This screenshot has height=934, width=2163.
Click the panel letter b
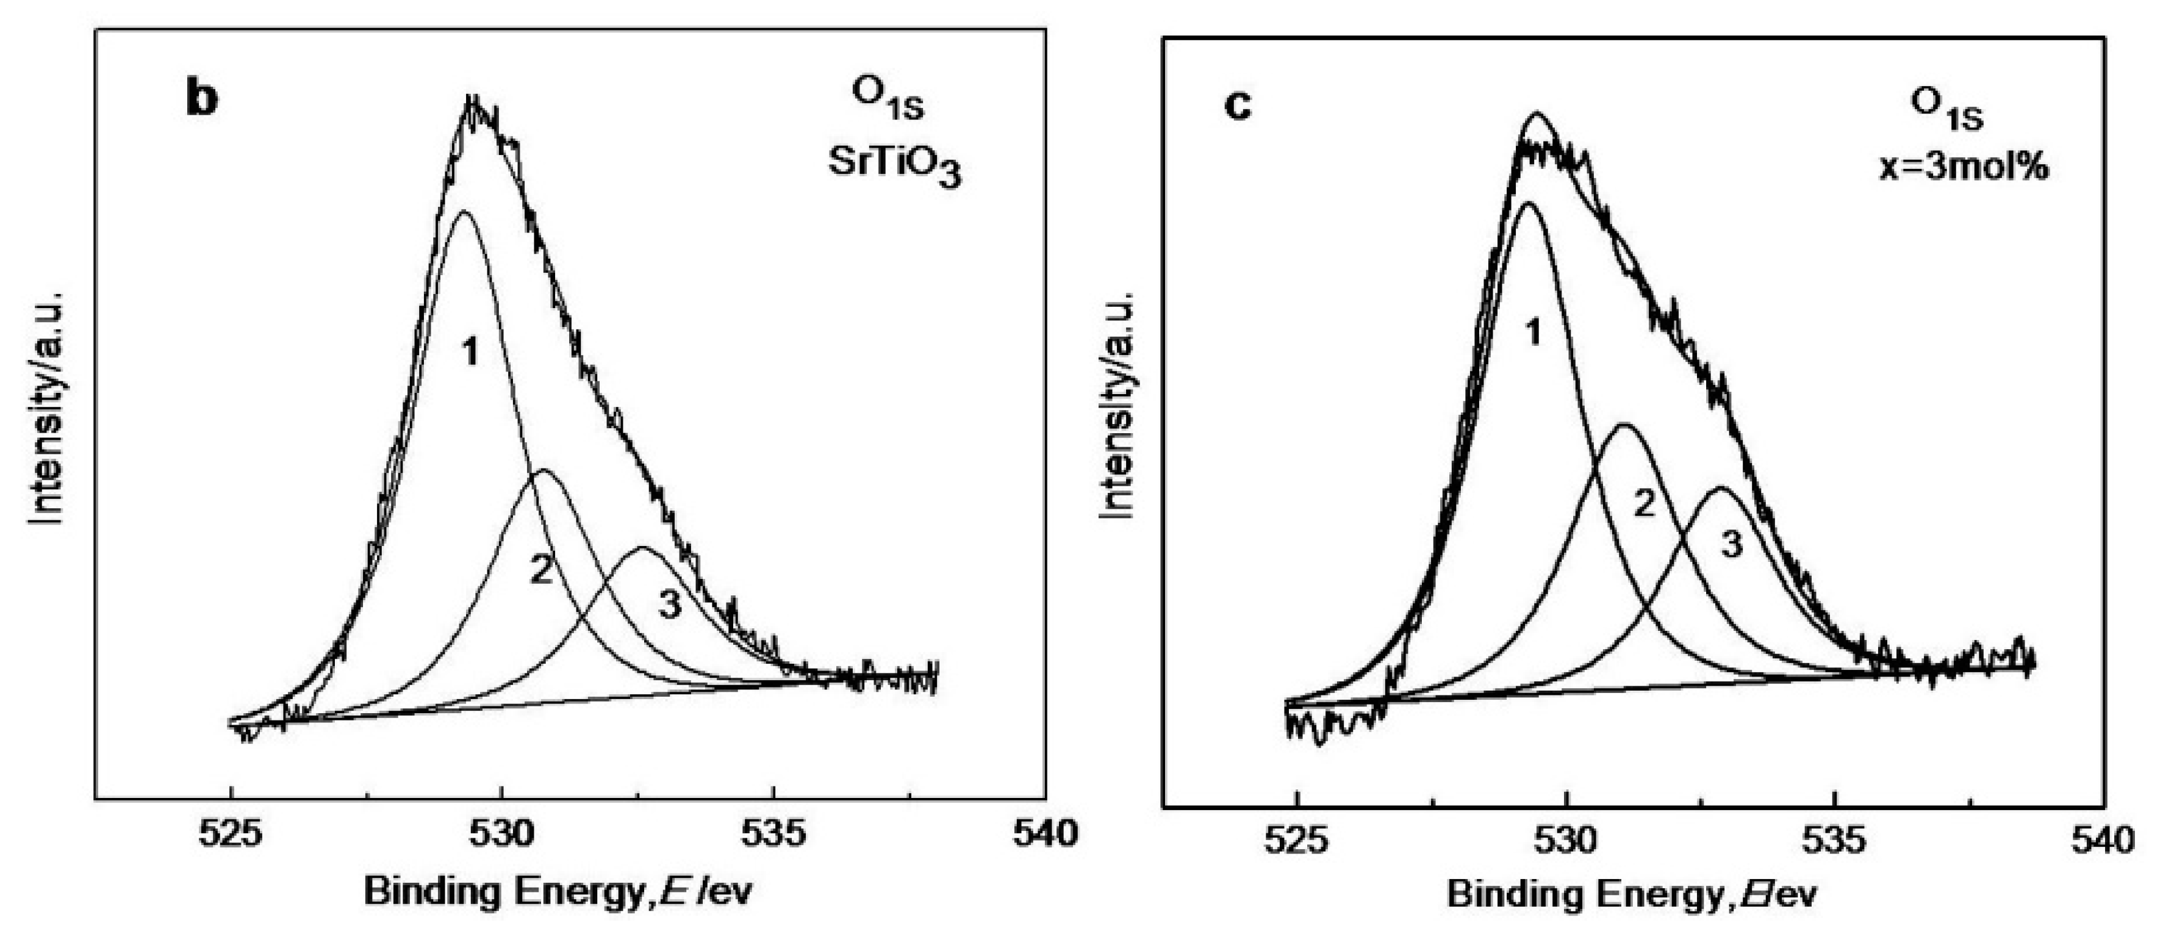pyautogui.click(x=201, y=99)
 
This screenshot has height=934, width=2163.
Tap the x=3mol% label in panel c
pyautogui.click(x=1963, y=167)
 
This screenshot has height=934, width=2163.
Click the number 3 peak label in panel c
pyautogui.click(x=1731, y=545)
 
